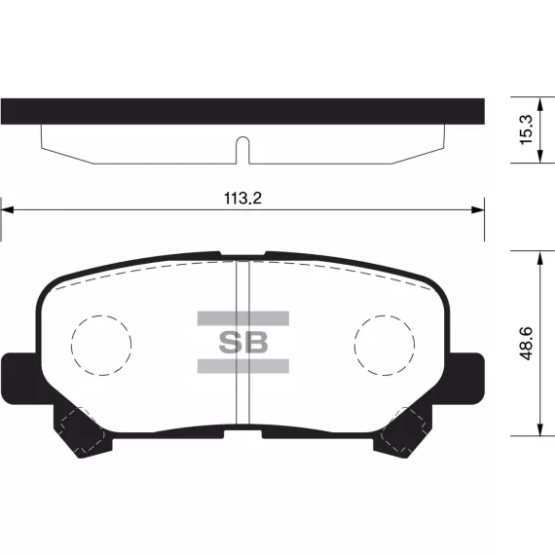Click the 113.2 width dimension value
click(242, 199)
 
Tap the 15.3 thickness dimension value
click(526, 129)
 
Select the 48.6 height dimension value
click(527, 344)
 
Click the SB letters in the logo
click(243, 343)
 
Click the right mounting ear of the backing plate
click(466, 379)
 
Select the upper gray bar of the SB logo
click(243, 318)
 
